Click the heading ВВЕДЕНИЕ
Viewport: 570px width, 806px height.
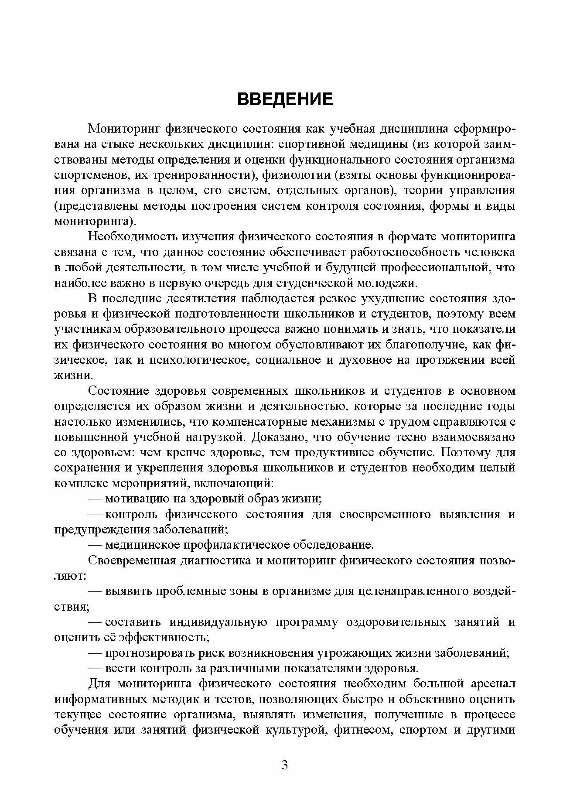285,99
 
